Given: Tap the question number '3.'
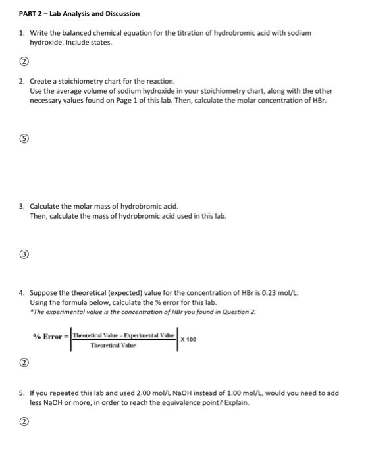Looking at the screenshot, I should (x=22, y=206).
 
